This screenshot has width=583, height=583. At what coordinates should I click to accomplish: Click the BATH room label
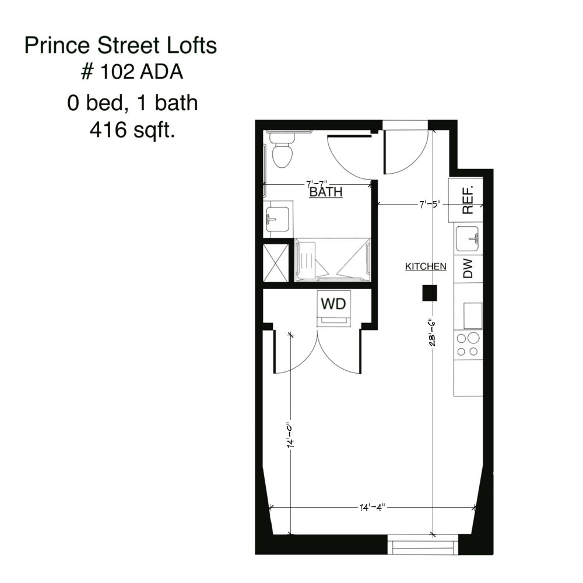point(325,192)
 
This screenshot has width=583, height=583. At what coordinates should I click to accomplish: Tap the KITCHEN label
point(426,266)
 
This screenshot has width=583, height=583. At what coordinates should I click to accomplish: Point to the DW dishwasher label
point(468,269)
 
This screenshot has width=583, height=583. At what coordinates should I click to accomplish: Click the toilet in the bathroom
point(282,150)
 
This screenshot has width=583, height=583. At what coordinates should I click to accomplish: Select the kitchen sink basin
point(468,238)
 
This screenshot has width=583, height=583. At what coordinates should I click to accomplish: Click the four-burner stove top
point(468,345)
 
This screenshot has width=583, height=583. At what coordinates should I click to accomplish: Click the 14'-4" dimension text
point(371,507)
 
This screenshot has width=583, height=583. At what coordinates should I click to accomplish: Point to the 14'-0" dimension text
point(290,434)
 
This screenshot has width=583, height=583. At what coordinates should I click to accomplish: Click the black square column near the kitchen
point(430,293)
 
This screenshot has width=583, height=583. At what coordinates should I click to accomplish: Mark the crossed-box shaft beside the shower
point(275,263)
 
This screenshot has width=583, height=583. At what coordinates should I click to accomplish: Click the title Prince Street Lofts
point(121,46)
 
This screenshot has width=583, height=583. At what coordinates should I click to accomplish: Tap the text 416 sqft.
point(132,131)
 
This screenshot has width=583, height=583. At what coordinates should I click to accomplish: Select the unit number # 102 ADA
point(131,73)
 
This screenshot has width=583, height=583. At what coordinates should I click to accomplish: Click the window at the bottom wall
point(422,547)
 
